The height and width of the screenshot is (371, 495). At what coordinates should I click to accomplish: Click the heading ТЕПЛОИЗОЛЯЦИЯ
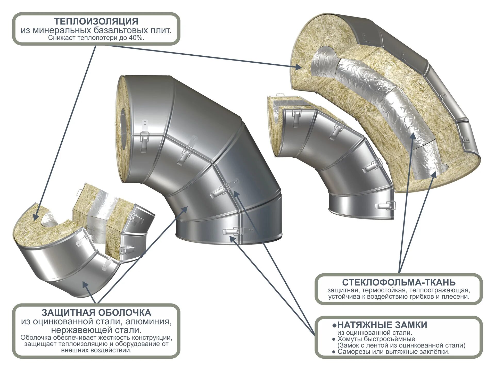[96, 21]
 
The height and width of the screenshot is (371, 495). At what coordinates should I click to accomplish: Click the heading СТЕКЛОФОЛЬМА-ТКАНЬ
[399, 282]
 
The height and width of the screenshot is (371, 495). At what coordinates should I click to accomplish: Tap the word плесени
[457, 297]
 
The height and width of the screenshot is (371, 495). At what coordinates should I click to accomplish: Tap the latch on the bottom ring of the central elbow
[233, 231]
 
